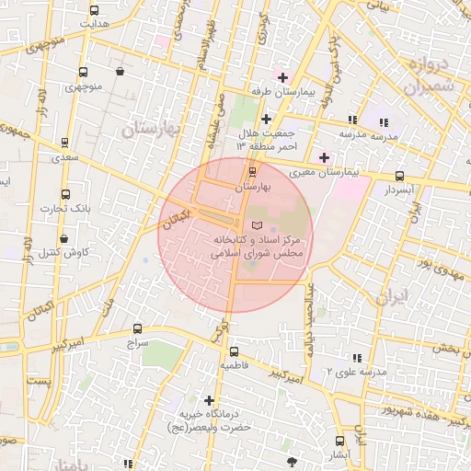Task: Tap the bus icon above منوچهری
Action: pyautogui.click(x=83, y=73)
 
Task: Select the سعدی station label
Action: pyautogui.click(x=64, y=158)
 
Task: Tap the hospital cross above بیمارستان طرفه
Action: pyautogui.click(x=282, y=77)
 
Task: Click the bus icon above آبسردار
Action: pyautogui.click(x=398, y=176)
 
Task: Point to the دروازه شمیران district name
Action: pyautogui.click(x=429, y=78)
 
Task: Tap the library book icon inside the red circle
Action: pyautogui.click(x=257, y=225)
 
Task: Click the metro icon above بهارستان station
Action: pyautogui.click(x=253, y=171)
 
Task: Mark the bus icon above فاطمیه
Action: pyautogui.click(x=233, y=351)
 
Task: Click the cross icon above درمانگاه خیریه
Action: pyautogui.click(x=211, y=401)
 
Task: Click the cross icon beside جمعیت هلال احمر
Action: pyautogui.click(x=266, y=119)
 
